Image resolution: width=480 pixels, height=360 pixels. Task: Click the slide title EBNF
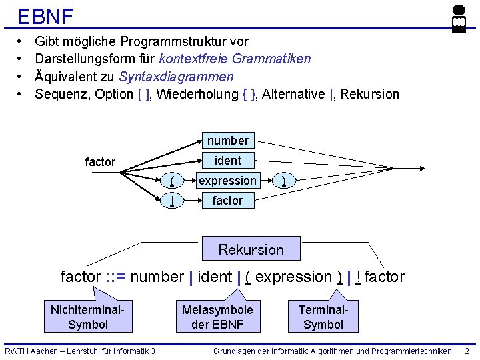point(45,16)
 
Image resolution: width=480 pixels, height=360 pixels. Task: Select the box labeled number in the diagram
point(227,141)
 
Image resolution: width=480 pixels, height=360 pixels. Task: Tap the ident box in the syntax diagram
point(227,161)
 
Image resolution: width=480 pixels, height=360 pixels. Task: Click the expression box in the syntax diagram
point(227,181)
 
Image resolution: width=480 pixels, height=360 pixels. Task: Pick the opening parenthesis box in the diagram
point(173,181)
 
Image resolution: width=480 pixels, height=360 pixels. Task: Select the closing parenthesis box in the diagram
point(284,181)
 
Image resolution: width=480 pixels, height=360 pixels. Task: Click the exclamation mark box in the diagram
point(173,201)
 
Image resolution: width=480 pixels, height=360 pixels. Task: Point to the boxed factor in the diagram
point(227,201)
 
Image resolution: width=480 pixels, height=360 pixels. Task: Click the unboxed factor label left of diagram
point(100,162)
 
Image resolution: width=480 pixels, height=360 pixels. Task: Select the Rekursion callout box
point(251,249)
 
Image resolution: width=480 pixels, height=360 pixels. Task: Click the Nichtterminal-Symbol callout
point(87,317)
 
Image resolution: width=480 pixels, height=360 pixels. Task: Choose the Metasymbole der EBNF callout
point(217,317)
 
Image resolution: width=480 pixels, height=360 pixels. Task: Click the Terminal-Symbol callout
point(323,317)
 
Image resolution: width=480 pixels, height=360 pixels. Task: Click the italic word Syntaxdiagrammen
point(176,77)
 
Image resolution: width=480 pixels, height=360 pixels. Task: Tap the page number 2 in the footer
point(467,351)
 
